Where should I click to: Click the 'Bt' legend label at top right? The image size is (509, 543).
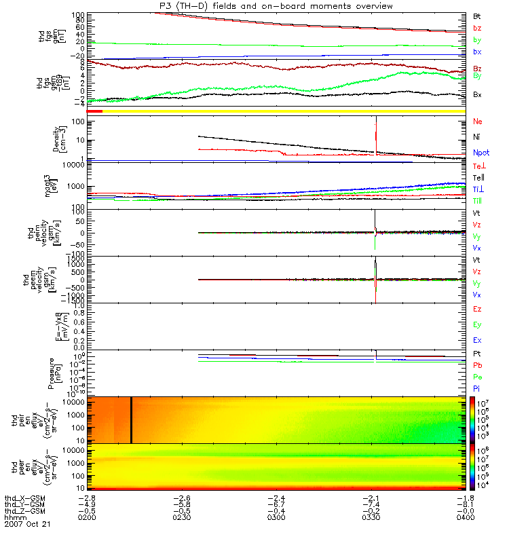477,16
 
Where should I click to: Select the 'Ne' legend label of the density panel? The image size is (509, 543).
478,121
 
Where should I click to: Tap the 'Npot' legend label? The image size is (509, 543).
480,153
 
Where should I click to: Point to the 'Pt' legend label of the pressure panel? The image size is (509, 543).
477,354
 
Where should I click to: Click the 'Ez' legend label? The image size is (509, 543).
477,309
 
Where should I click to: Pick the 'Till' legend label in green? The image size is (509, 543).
479,201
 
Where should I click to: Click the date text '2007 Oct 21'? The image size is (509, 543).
27,525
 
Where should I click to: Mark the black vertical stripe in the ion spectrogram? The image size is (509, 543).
130,419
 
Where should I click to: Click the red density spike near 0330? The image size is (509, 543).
375,136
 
